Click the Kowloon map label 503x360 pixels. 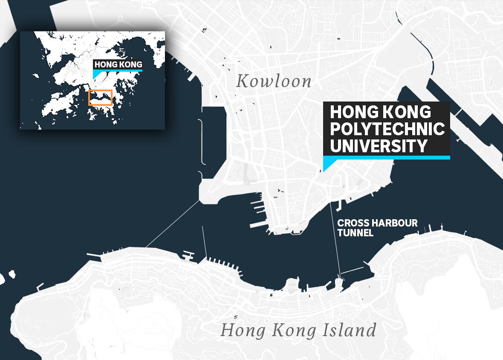tap(274, 81)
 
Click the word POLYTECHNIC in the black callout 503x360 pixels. tap(387, 129)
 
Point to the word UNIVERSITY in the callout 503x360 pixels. tap(379, 146)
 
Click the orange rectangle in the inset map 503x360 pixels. tap(100, 98)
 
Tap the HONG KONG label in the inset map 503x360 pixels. tap(118, 65)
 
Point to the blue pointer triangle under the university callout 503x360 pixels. tap(327, 164)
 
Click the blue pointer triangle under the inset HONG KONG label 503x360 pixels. tap(97, 74)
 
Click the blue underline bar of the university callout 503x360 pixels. tap(386, 157)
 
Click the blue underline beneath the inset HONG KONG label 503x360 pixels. tap(118, 70)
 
